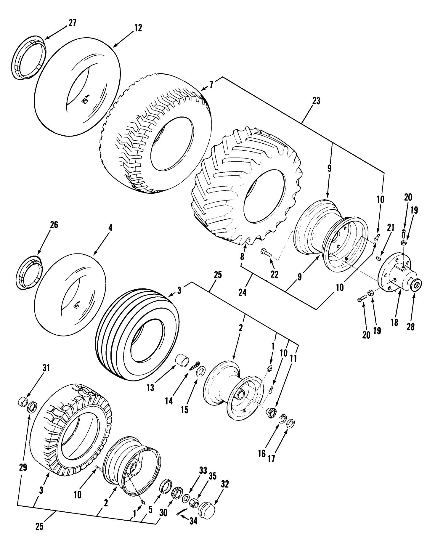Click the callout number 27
coord(73,23)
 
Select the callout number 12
coord(138,28)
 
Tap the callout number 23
coord(316,101)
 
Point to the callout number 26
coord(54,225)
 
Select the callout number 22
coord(275,274)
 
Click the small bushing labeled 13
coord(182,360)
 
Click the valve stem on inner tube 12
coord(85,100)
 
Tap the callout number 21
coord(391,228)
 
